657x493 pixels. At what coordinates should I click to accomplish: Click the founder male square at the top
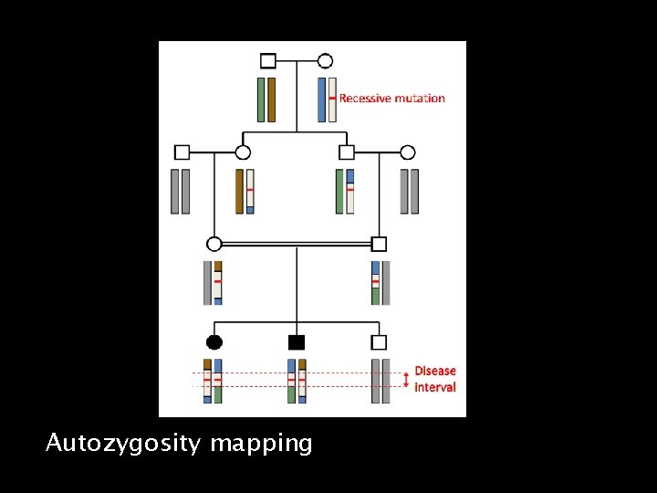[x=267, y=61]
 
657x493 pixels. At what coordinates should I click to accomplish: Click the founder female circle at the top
[x=325, y=61]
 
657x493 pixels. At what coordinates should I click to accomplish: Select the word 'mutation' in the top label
[x=422, y=99]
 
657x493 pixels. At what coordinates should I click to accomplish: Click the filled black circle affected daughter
[x=214, y=342]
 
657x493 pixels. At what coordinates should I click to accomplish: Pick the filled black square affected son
[x=296, y=342]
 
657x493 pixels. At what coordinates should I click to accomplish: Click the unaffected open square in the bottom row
[x=380, y=342]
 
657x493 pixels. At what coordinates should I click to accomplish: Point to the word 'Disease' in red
[x=435, y=371]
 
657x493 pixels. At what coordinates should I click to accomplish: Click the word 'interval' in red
[x=435, y=387]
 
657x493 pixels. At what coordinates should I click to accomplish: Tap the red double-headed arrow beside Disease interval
[x=406, y=379]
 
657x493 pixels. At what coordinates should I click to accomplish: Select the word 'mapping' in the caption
[x=261, y=445]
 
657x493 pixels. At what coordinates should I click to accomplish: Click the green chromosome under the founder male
[x=261, y=100]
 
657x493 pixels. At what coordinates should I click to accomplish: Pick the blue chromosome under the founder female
[x=321, y=100]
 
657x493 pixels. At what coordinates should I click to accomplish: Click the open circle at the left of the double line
[x=214, y=244]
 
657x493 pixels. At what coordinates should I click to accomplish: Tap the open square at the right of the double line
[x=380, y=244]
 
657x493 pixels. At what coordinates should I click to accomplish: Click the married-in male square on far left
[x=182, y=152]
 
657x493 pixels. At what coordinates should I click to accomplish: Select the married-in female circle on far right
[x=408, y=152]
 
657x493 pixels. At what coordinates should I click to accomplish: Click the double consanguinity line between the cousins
[x=297, y=244]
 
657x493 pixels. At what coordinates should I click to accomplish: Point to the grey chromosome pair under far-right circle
[x=410, y=192]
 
